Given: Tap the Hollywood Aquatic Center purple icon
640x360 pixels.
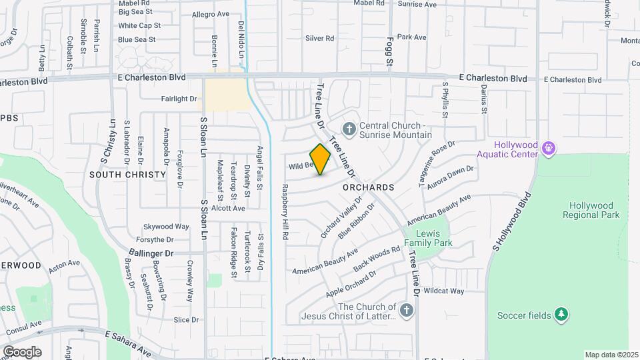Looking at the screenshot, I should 549,147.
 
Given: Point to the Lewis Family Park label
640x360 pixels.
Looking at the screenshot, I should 433,238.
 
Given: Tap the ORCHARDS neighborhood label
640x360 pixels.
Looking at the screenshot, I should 369,187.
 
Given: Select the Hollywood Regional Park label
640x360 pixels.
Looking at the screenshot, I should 591,210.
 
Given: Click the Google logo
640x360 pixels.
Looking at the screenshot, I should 21,351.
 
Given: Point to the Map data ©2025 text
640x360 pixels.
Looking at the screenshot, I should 611,355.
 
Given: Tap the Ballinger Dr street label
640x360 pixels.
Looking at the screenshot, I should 151,253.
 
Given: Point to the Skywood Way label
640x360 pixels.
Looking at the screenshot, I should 153,227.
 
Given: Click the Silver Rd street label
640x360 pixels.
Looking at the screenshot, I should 319,39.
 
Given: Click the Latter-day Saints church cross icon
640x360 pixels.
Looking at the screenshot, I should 407,310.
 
